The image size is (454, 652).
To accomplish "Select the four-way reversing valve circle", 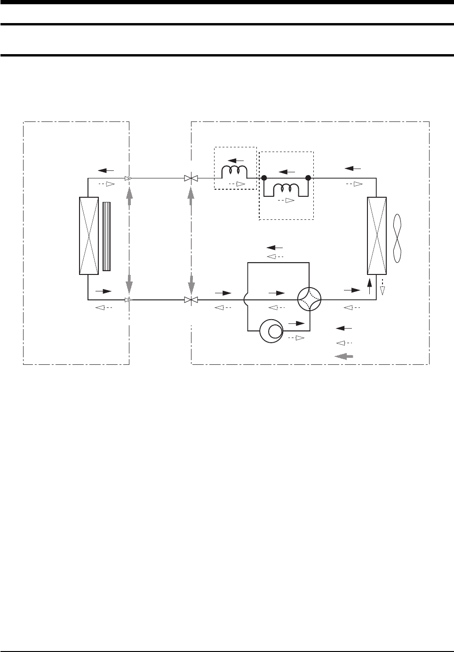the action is coord(309,299).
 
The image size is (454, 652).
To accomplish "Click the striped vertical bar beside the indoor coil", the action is coord(106,236).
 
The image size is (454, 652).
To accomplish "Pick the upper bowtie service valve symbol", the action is coord(191,178).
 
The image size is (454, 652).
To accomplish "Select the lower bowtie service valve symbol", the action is coord(191,300).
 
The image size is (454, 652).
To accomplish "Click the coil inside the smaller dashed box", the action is coord(234,172).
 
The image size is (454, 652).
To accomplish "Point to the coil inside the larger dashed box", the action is coord(286,188).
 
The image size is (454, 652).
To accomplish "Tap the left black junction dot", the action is coord(264,178).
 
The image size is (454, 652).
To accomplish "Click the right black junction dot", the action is coord(308,178).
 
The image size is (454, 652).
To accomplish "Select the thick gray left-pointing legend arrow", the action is coord(343,356).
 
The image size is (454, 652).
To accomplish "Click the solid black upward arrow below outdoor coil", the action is coord(369,286).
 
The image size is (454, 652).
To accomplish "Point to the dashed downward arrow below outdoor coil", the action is coord(382,287).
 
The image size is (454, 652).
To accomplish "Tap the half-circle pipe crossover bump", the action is coord(246,300).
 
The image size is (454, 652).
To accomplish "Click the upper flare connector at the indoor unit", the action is coord(127,178).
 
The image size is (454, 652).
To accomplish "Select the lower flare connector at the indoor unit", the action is coord(127,300).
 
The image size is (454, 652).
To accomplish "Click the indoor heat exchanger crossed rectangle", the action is coord(89,235).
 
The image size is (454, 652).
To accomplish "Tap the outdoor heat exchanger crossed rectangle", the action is coord(376,235).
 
